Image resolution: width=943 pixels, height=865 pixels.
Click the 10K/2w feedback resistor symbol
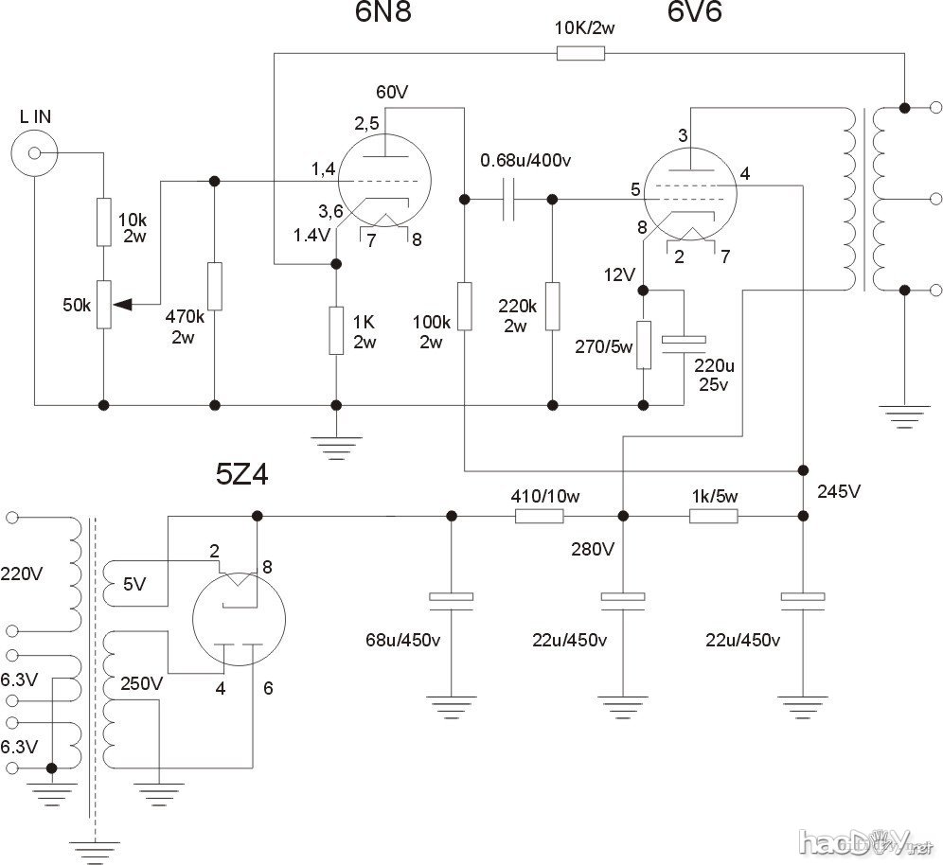[x=579, y=54]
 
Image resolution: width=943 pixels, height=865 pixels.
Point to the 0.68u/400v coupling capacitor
[x=508, y=200]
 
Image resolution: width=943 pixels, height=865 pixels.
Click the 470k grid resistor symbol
[x=215, y=286]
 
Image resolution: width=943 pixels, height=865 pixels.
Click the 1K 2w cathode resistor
[x=335, y=330]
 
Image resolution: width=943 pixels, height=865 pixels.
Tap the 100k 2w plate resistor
[x=464, y=305]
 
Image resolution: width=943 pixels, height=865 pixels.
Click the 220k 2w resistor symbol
[x=552, y=305]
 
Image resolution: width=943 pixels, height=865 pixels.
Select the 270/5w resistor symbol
[x=643, y=344]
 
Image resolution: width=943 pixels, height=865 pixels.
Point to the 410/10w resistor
[x=539, y=516]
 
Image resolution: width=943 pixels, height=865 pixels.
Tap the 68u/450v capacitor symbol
[x=450, y=598]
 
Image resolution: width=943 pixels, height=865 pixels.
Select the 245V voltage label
[x=842, y=492]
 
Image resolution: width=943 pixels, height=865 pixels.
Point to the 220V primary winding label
[x=21, y=571]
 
